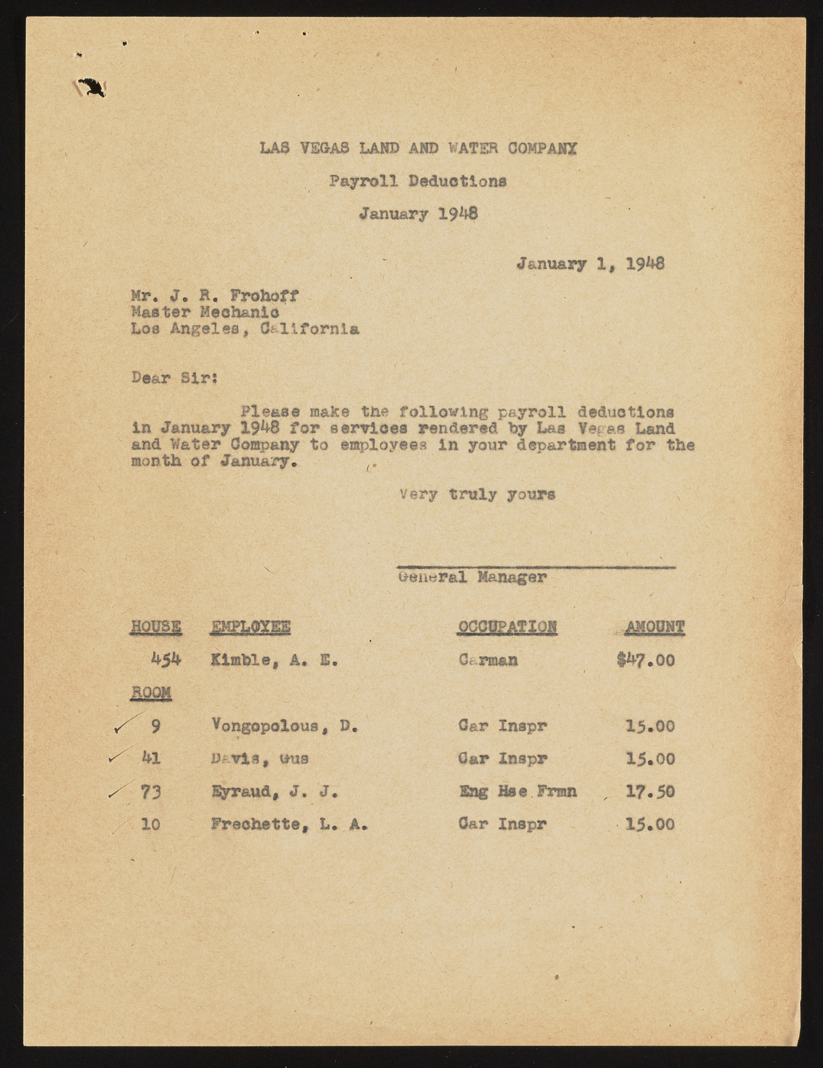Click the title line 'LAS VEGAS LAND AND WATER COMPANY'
418,149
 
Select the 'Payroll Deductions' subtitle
418,181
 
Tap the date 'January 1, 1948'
591,265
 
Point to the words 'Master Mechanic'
205,312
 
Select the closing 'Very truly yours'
477,494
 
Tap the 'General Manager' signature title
471,578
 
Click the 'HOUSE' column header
156,627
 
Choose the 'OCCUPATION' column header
507,627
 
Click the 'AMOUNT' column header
654,627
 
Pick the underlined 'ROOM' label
151,693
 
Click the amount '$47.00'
645,660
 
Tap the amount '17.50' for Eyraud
650,792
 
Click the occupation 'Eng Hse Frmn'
518,792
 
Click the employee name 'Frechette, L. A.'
289,824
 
